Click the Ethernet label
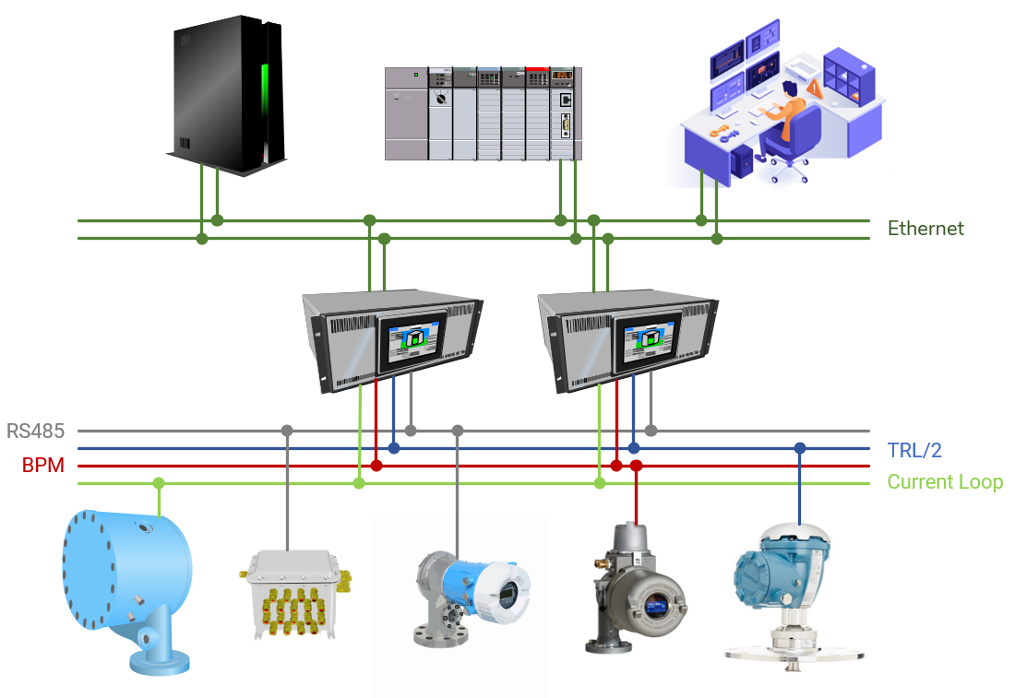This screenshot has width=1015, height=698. click(x=925, y=229)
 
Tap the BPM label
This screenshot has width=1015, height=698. click(x=43, y=466)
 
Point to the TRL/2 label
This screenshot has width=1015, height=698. click(x=914, y=450)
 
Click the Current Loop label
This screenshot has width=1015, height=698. click(x=945, y=482)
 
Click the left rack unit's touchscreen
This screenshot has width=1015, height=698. click(x=412, y=340)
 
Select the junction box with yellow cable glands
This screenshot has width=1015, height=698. click(x=293, y=594)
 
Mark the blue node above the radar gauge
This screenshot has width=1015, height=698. click(x=800, y=448)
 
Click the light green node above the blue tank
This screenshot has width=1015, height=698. click(x=159, y=483)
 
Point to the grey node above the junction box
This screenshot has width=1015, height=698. click(x=287, y=431)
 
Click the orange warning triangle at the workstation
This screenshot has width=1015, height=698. click(x=815, y=88)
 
